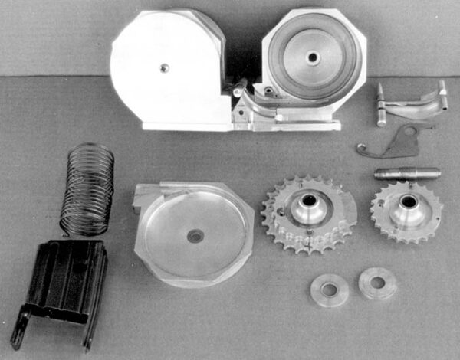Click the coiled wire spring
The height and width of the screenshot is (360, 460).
click(87, 188)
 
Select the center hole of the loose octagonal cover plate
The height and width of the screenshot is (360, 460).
click(195, 236)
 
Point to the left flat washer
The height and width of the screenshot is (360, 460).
click(330, 290)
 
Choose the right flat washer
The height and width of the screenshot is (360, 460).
click(377, 283)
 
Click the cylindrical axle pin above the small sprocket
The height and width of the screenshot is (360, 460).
click(406, 173)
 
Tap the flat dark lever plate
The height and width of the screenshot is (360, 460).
click(395, 142)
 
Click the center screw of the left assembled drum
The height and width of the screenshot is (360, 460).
click(164, 68)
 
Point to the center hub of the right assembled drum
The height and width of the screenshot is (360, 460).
click(312, 58)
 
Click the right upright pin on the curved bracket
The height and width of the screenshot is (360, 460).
click(442, 95)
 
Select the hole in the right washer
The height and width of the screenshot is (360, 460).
click(377, 283)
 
